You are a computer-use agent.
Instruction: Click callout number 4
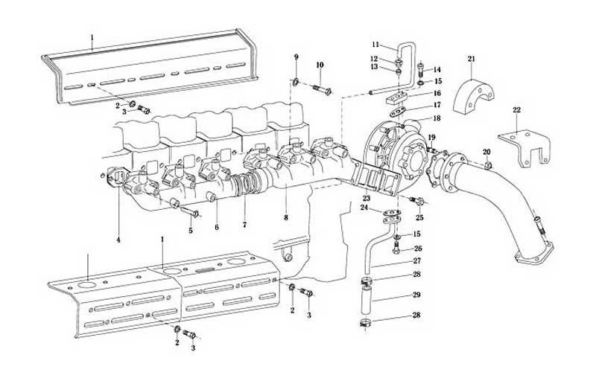tap(118, 240)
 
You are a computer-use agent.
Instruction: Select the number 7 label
tap(243, 224)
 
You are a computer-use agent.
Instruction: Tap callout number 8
tap(285, 217)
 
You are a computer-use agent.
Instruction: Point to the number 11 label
tap(375, 45)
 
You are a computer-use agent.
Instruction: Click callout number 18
tap(437, 118)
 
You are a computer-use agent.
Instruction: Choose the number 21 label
tap(472, 59)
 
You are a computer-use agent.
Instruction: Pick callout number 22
tap(516, 110)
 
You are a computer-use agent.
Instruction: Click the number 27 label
tap(416, 261)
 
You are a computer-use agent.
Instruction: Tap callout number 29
tap(416, 295)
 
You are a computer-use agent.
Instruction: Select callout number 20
tap(486, 152)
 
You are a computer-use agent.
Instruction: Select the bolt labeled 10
tap(321, 91)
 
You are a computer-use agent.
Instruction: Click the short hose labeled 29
tap(365, 302)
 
